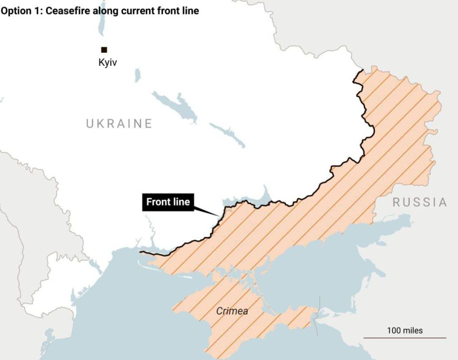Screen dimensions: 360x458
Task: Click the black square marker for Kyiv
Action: [x=104, y=50]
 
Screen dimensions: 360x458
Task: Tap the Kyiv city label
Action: [x=107, y=62]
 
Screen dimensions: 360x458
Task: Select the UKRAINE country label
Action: [x=119, y=124]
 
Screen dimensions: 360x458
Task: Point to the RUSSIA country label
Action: [x=420, y=202]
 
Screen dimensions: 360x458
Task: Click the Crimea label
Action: [x=232, y=311]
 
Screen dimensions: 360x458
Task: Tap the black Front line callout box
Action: [x=168, y=202]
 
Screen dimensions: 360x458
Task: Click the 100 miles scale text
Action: [x=405, y=330]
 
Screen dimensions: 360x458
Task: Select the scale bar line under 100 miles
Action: [x=405, y=338]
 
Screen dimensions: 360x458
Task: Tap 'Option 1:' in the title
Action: [x=21, y=10]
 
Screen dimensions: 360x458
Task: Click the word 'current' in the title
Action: [x=137, y=10]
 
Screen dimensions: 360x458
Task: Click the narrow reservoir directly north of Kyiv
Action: [x=101, y=24]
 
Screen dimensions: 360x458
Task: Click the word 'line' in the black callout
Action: [x=181, y=202]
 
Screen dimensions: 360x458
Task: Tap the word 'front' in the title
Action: [x=168, y=10]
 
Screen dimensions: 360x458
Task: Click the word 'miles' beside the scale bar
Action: [x=412, y=330]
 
